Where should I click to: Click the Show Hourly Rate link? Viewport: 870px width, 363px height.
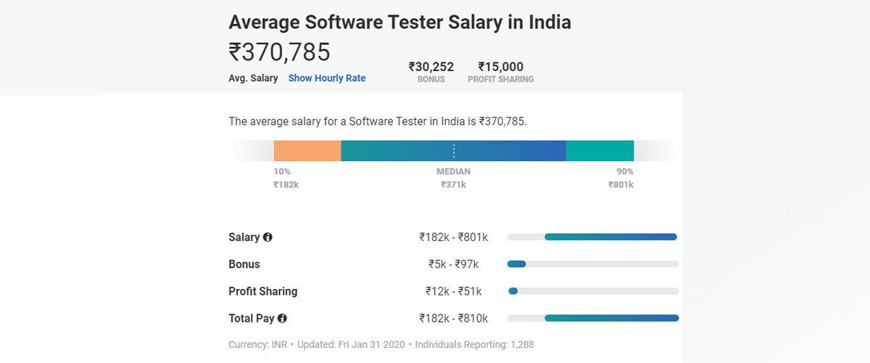click(x=327, y=78)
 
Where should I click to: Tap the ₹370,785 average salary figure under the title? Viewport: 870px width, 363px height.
click(x=279, y=52)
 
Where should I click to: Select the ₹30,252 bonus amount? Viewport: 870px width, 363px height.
click(x=431, y=67)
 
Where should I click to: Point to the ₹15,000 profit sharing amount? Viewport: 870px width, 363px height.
click(x=500, y=67)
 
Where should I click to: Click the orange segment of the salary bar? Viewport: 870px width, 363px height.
click(x=307, y=150)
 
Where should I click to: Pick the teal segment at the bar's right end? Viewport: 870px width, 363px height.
click(x=600, y=150)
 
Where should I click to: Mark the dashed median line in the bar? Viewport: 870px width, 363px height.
click(x=454, y=150)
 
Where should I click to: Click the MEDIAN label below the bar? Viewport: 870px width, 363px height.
click(x=453, y=171)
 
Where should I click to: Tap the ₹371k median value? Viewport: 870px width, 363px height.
click(x=453, y=184)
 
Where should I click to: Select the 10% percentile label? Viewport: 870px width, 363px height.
click(x=282, y=171)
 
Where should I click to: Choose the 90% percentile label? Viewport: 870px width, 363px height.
click(x=624, y=171)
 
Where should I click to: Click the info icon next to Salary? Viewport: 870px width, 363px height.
click(x=268, y=237)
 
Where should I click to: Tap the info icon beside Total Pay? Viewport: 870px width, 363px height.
click(x=282, y=318)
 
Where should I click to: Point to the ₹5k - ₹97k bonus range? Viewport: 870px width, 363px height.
click(x=453, y=264)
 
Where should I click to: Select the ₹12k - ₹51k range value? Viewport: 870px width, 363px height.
click(x=453, y=291)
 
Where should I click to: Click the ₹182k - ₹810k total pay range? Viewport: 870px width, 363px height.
click(x=453, y=318)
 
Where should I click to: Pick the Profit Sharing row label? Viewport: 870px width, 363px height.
click(x=262, y=291)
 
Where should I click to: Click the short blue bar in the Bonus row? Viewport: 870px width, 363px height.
click(x=517, y=264)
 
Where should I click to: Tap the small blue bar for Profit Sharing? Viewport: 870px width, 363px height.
click(x=513, y=291)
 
